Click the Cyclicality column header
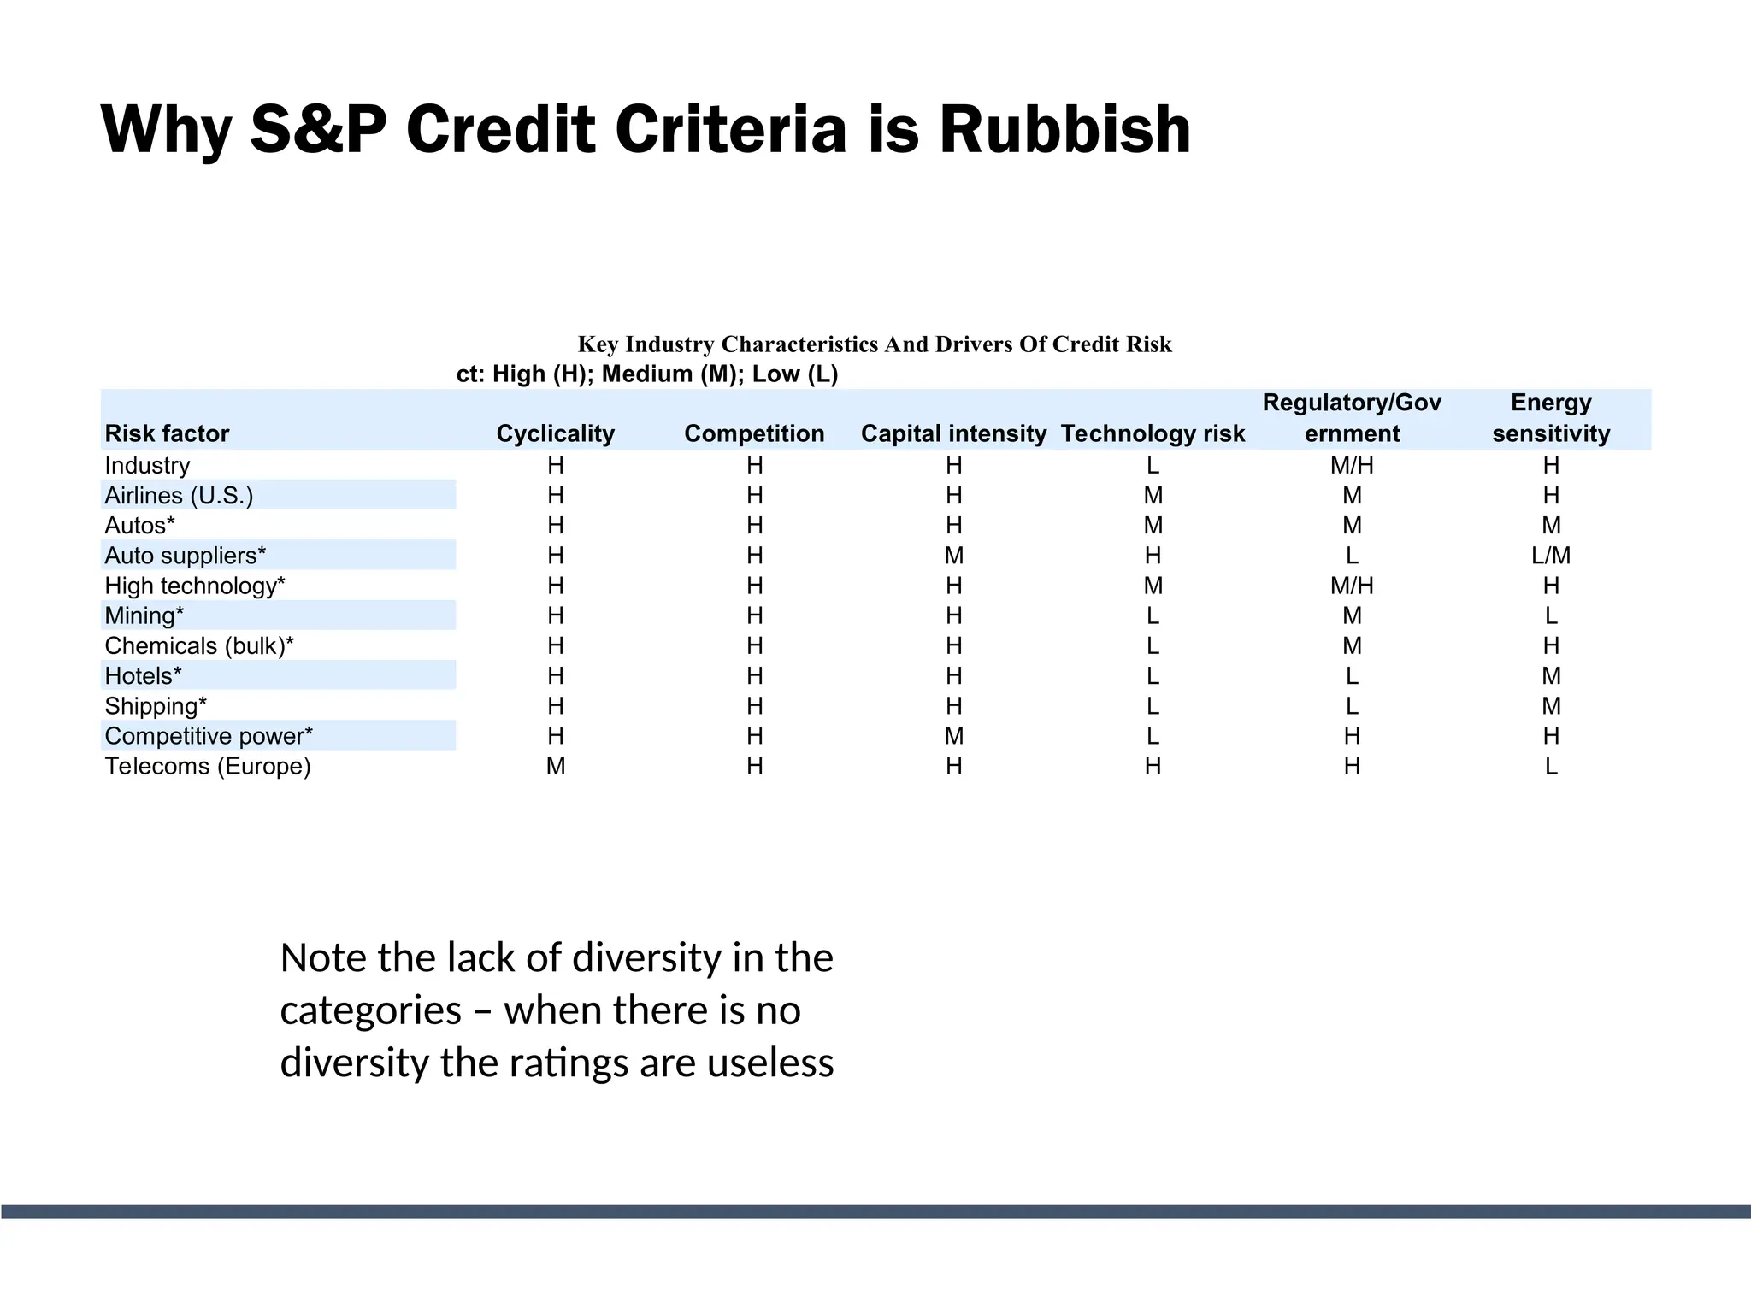pyautogui.click(x=556, y=433)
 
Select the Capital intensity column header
pyautogui.click(x=953, y=433)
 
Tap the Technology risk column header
pyautogui.click(x=1153, y=433)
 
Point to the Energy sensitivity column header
pyautogui.click(x=1551, y=418)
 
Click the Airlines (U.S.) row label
pyautogui.click(x=179, y=496)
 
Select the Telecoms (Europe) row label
pyautogui.click(x=208, y=766)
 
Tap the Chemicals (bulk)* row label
pyautogui.click(x=199, y=646)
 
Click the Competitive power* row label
pyautogui.click(x=209, y=736)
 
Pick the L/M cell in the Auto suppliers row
pyautogui.click(x=1551, y=556)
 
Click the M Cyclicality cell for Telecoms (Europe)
pyautogui.click(x=556, y=766)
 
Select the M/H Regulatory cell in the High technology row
pyautogui.click(x=1352, y=586)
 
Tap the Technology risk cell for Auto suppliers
pyautogui.click(x=1153, y=556)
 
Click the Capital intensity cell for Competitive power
pyautogui.click(x=953, y=736)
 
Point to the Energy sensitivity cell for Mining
pyautogui.click(x=1551, y=616)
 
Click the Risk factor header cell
pyautogui.click(x=167, y=433)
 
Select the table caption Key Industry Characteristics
pyautogui.click(x=875, y=344)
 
